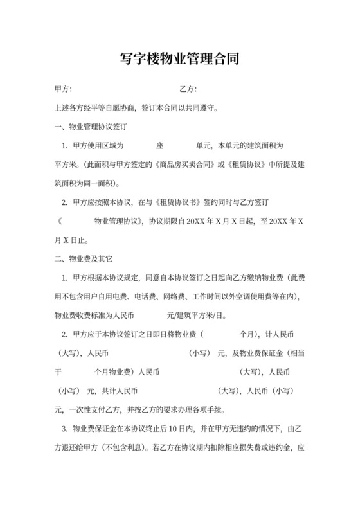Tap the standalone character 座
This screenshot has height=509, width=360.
(159, 146)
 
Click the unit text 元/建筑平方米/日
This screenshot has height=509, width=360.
(195, 315)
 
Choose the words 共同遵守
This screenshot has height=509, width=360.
(201, 108)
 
